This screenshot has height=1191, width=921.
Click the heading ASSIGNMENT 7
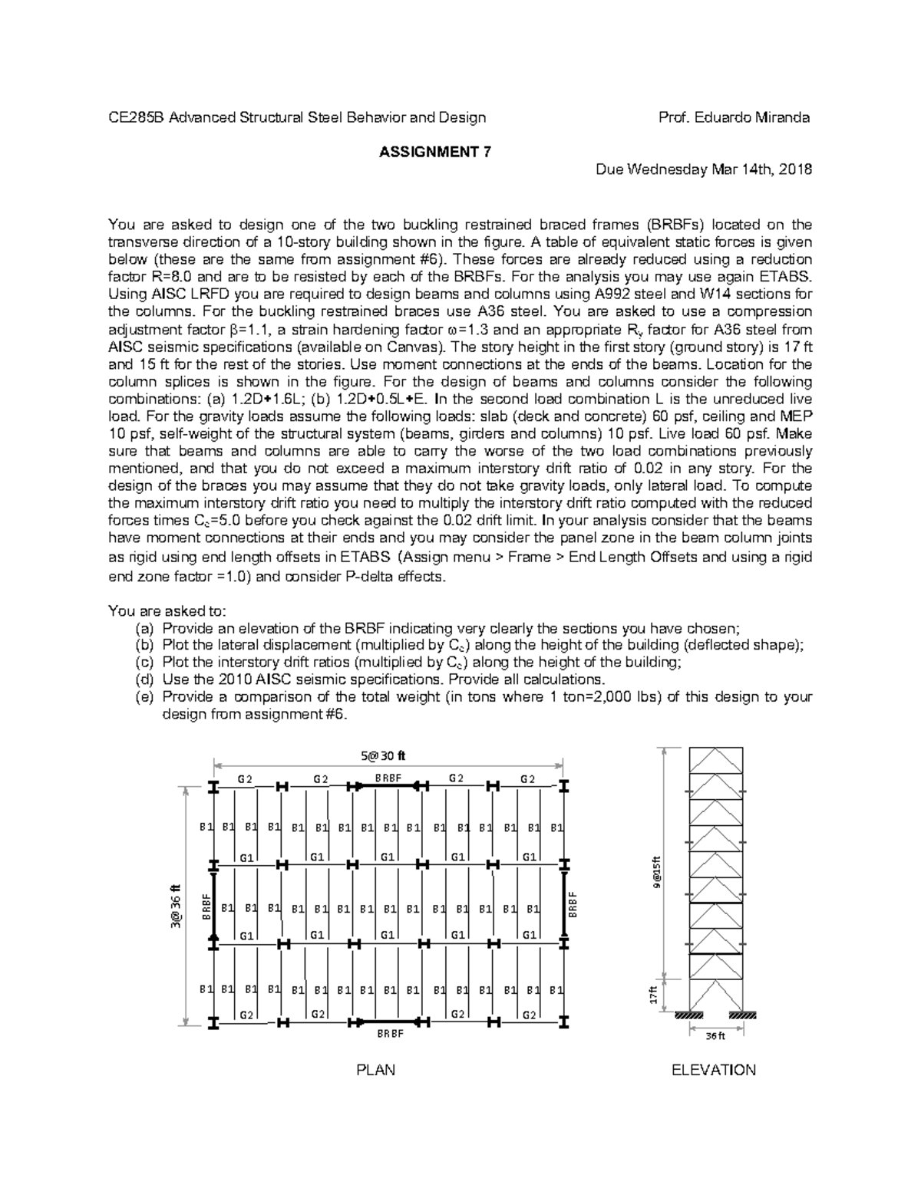(x=434, y=151)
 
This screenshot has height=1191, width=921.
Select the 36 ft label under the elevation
(x=715, y=1035)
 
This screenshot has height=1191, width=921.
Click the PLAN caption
(x=376, y=1070)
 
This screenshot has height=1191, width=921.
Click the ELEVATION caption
(x=714, y=1070)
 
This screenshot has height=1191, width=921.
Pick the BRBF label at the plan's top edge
(x=388, y=778)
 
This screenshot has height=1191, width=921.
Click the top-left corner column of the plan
(x=213, y=787)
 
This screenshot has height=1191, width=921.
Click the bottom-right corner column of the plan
(x=563, y=1022)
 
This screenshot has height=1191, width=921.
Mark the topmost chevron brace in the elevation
(x=715, y=759)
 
